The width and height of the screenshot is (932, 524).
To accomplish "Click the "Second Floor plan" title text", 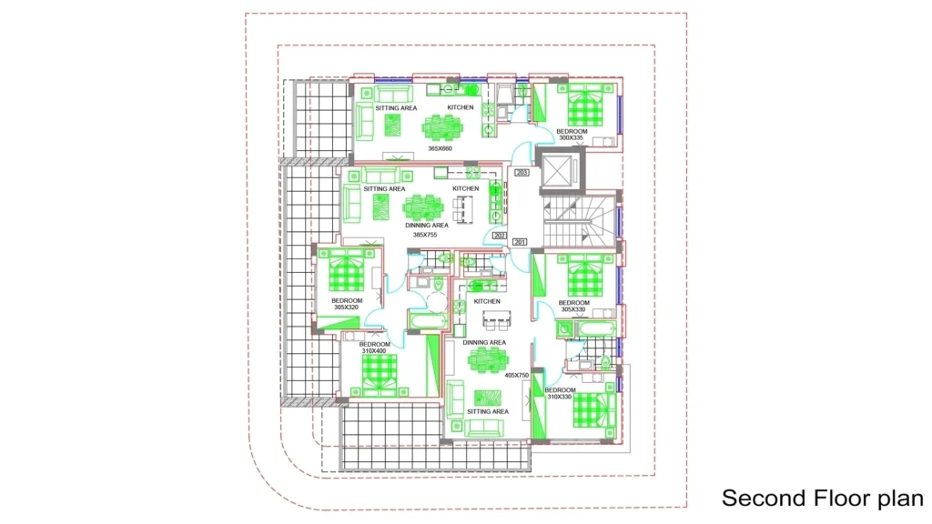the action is click(x=823, y=498).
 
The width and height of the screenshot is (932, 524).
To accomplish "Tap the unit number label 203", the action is click(x=522, y=172).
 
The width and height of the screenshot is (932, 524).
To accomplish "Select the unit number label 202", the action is click(x=500, y=236).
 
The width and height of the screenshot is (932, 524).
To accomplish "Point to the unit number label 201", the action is click(x=520, y=242).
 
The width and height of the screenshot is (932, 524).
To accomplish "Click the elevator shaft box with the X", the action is click(x=558, y=172).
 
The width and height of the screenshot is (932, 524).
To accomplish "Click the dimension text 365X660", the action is click(x=440, y=148).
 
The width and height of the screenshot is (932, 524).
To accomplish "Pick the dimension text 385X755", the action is click(x=425, y=235).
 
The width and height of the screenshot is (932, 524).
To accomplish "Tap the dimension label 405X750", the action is click(x=517, y=376).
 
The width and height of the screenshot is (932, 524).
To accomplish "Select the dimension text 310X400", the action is click(x=374, y=351).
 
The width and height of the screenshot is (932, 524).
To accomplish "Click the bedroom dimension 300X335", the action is click(x=572, y=138).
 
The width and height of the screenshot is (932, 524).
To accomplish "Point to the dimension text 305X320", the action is click(x=346, y=307).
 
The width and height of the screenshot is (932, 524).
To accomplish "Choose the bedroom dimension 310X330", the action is click(x=560, y=397).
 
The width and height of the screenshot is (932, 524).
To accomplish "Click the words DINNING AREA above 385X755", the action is click(x=427, y=226).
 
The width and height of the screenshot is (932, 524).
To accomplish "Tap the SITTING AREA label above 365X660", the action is click(x=396, y=108).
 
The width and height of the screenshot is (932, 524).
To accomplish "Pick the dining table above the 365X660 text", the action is click(x=441, y=127).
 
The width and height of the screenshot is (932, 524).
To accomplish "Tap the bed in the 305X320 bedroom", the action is click(x=347, y=271).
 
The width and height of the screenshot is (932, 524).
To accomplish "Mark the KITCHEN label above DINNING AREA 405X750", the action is click(x=487, y=302).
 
